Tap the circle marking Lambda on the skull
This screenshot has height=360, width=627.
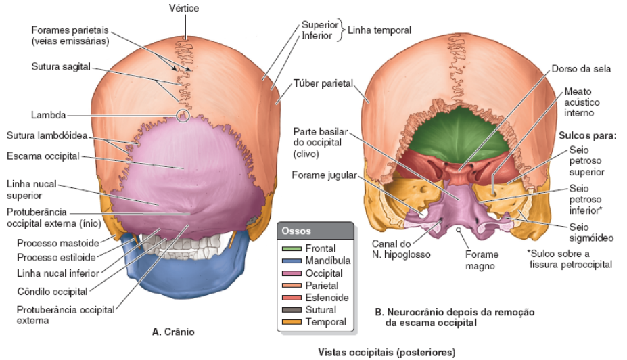click(183, 116)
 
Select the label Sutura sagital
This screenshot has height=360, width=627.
click(61, 67)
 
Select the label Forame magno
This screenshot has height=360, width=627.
click(482, 260)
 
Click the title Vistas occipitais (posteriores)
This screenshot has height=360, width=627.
click(387, 352)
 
